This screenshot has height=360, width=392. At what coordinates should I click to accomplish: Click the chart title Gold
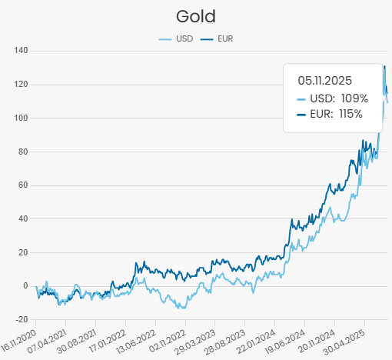(x=195, y=15)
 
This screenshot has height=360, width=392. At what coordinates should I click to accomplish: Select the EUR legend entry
(x=219, y=38)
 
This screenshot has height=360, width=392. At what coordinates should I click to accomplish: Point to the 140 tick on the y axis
(x=21, y=51)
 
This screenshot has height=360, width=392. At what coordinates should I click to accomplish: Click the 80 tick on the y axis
(x=22, y=152)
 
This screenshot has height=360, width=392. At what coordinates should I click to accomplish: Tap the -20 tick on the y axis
(x=21, y=319)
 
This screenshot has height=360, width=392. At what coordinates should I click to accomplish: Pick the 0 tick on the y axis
(x=25, y=286)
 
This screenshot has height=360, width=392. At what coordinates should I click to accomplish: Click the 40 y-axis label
(x=22, y=218)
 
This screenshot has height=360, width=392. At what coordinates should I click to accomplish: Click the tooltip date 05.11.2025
(x=324, y=79)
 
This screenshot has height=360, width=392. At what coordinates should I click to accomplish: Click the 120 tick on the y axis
(x=21, y=85)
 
